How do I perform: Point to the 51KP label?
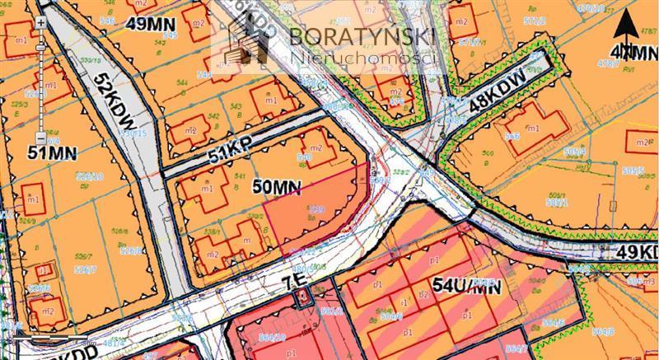click(x=229, y=152)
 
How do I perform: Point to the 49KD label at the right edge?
click(x=638, y=251)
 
